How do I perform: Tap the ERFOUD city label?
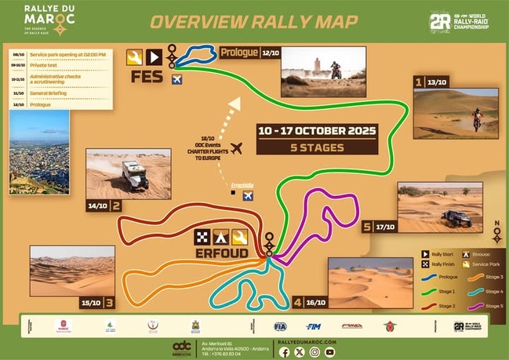223,253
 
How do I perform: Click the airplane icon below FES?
176,80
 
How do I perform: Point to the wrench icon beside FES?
133,56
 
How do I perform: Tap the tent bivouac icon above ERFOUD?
221,237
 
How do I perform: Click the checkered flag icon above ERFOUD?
202,237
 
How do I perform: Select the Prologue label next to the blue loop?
239,53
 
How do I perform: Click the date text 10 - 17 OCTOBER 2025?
316,130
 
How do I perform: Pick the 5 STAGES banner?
315,146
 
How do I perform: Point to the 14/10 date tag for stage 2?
98,206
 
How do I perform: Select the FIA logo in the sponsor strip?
280,325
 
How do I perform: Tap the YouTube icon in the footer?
329,352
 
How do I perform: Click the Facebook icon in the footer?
284,352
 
